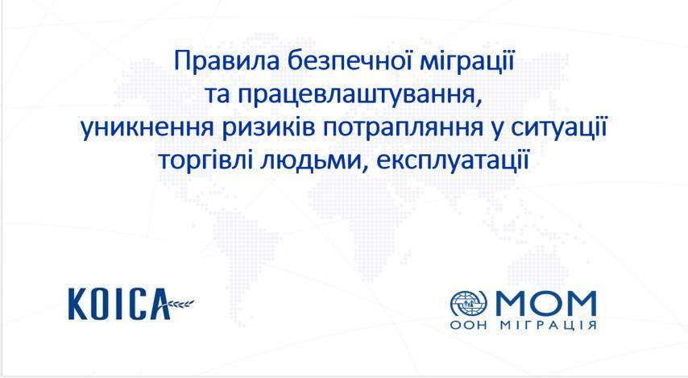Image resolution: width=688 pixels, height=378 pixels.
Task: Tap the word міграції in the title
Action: [x=467, y=62]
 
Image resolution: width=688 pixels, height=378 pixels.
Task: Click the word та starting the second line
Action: [x=218, y=94]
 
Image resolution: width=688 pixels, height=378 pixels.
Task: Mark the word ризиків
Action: [x=272, y=128]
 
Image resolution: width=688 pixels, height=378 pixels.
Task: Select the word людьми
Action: [x=315, y=161]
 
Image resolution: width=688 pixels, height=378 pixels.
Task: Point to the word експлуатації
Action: [x=453, y=160]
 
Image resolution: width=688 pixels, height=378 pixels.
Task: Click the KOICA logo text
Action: [x=119, y=303]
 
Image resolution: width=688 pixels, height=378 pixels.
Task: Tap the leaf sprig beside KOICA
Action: [x=180, y=302]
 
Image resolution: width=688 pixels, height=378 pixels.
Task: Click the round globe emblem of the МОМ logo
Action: [x=469, y=304]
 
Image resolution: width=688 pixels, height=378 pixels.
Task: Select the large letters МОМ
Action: [x=546, y=303]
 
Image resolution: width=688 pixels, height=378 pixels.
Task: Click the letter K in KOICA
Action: [x=77, y=304]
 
